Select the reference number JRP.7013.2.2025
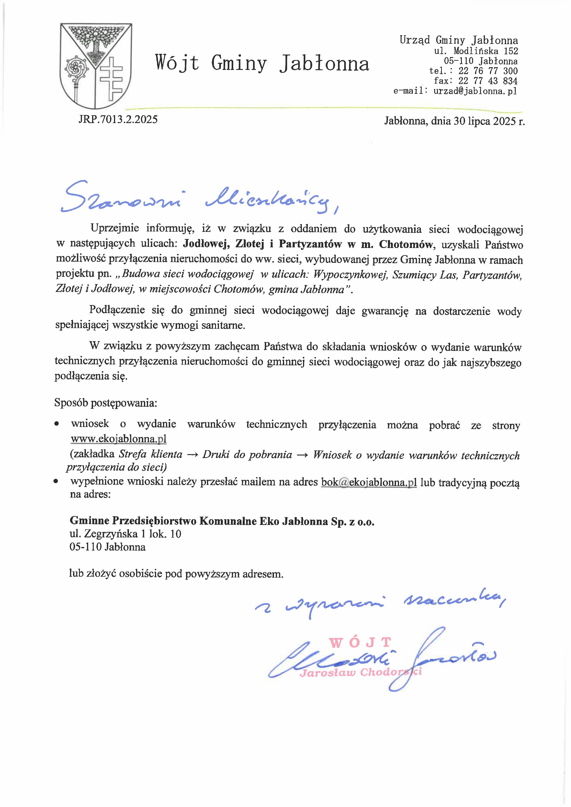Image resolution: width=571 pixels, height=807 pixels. click(x=118, y=120)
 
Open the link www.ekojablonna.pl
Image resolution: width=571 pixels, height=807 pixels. click(x=119, y=439)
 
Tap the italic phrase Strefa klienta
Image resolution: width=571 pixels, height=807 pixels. click(x=151, y=455)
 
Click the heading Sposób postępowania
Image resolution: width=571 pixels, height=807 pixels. click(x=105, y=403)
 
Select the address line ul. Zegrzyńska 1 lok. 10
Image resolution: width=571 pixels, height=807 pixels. click(x=125, y=534)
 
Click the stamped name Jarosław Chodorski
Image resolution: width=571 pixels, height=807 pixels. click(x=360, y=672)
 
